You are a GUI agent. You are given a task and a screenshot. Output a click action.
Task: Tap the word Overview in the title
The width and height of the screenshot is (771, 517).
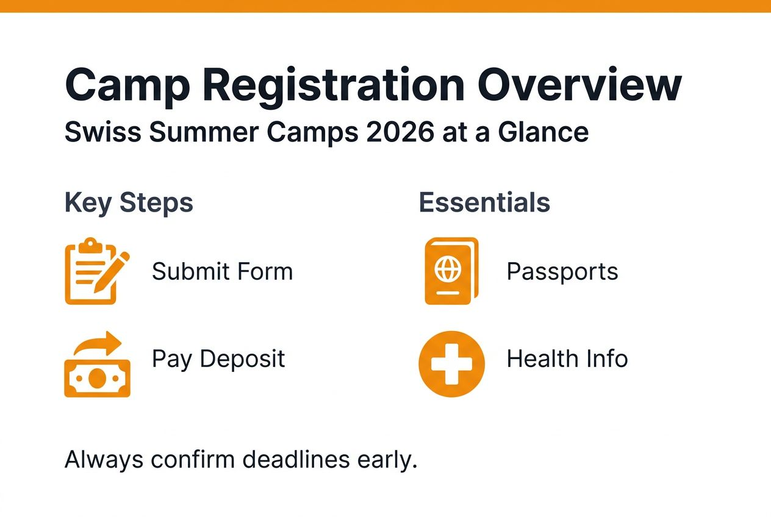tap(579, 86)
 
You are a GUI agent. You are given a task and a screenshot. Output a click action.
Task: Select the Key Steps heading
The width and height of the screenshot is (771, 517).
tap(129, 203)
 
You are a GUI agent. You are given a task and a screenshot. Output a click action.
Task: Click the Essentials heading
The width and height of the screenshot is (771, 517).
tap(484, 203)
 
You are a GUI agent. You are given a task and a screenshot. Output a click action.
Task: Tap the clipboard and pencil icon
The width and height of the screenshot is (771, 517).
tap(96, 271)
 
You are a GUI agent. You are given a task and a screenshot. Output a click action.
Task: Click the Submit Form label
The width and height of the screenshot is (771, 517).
tap(222, 271)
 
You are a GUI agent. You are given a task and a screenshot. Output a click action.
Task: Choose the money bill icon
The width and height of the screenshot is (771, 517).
tap(97, 378)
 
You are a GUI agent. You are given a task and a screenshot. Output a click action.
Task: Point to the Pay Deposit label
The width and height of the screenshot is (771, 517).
tap(218, 359)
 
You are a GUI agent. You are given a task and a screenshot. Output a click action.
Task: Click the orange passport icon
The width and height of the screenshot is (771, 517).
tap(451, 271)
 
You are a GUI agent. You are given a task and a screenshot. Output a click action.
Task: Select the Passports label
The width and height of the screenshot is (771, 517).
tap(562, 271)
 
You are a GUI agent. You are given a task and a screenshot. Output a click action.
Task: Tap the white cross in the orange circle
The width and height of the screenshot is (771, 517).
tap(451, 364)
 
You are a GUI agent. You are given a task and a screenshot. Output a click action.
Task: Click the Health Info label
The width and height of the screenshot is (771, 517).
tap(567, 359)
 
